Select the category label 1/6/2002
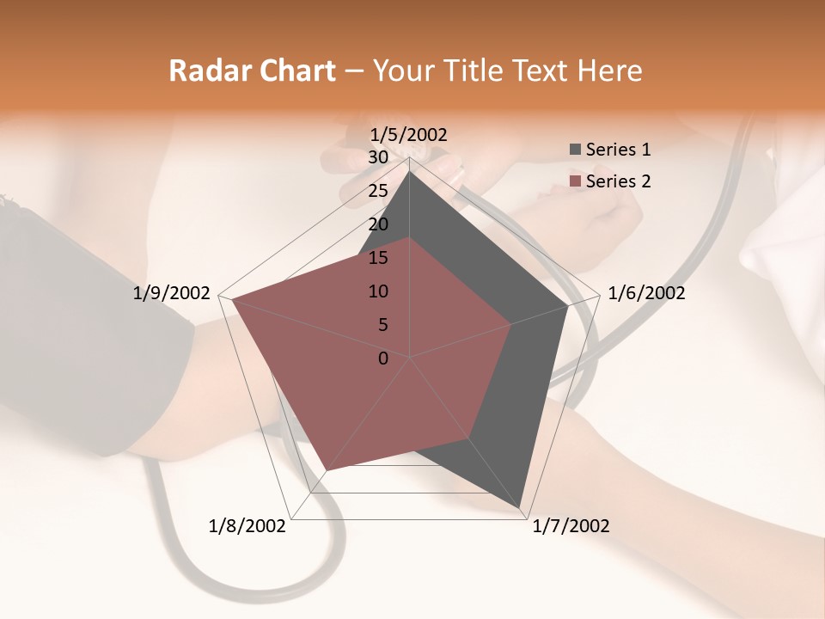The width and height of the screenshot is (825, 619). (646, 293)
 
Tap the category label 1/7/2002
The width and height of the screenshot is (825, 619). (571, 526)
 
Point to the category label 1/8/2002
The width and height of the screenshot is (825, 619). (247, 526)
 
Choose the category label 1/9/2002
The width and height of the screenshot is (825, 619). (172, 293)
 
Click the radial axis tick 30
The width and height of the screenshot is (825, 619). (378, 157)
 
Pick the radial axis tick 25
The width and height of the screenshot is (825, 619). (378, 191)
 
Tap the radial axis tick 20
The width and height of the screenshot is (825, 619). (378, 224)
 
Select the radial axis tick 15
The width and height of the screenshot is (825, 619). (378, 258)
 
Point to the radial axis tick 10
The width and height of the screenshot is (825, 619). (378, 291)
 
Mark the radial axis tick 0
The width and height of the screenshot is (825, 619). (383, 359)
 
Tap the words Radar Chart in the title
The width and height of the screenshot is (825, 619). (252, 70)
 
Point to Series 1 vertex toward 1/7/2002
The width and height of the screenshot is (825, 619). (521, 509)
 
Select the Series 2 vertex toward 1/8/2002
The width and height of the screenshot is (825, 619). (327, 470)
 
